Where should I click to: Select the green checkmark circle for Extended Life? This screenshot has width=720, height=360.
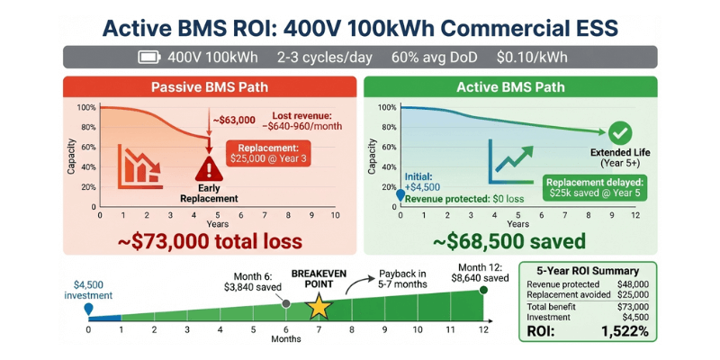point(619,134)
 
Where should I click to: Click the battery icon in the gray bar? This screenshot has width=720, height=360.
point(148,58)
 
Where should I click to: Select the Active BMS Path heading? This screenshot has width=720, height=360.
point(509,88)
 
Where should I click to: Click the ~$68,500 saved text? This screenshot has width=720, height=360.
point(510,241)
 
